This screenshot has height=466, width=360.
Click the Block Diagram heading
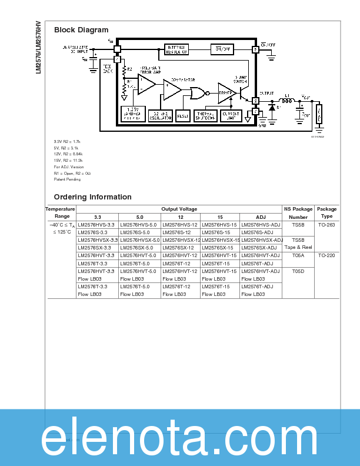[x=81, y=29]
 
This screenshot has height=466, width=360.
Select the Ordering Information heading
[x=92, y=197]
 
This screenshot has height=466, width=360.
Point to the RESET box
[x=183, y=116]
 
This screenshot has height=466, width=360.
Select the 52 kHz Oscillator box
[x=160, y=116]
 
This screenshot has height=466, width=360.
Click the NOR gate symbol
[x=198, y=93]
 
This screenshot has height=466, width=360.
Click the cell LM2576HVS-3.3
[x=98, y=225]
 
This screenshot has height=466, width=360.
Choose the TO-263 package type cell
[x=326, y=225]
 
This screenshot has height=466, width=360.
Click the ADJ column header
[x=261, y=217]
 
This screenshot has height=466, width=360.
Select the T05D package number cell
[x=298, y=271]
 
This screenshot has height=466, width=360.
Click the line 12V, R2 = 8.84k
[x=69, y=154]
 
